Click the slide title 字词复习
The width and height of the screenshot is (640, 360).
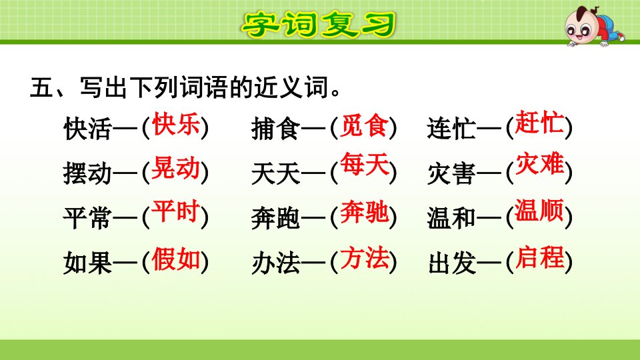pyautogui.click(x=319, y=25)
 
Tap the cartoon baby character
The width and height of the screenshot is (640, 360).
pyautogui.click(x=593, y=26)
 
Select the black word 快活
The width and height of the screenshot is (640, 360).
pyautogui.click(x=87, y=129)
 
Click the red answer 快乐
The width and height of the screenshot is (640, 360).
pyautogui.click(x=176, y=124)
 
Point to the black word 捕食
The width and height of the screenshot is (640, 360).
pyautogui.click(x=275, y=129)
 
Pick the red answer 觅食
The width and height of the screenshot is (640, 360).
pyautogui.click(x=364, y=125)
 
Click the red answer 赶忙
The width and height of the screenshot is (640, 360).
pyautogui.click(x=539, y=122)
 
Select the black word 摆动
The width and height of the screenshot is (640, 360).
pyautogui.click(x=87, y=173)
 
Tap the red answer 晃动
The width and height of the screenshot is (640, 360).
pyautogui.click(x=175, y=168)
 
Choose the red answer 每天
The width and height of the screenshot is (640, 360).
pyautogui.click(x=364, y=164)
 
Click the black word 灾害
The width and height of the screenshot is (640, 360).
pyautogui.click(x=451, y=173)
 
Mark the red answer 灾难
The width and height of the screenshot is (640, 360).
pyautogui.click(x=539, y=164)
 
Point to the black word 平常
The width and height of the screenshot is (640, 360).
pyautogui.click(x=87, y=217)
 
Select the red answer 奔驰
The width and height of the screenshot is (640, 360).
pyautogui.click(x=364, y=212)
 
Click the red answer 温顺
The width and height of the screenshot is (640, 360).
pyautogui.click(x=539, y=210)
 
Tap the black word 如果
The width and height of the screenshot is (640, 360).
pyautogui.click(x=87, y=263)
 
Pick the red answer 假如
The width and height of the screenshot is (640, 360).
pyautogui.click(x=176, y=259)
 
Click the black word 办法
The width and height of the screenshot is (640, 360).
pyautogui.click(x=275, y=263)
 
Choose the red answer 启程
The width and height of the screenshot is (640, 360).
pyautogui.click(x=539, y=257)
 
